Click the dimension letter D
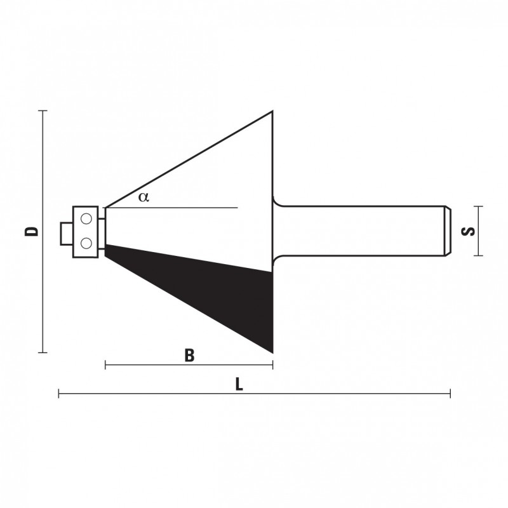(32, 231)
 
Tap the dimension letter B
(189, 355)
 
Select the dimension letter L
(239, 385)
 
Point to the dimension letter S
(468, 231)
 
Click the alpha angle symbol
(144, 197)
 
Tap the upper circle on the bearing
(86, 219)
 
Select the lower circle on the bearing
(86, 243)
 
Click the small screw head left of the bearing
(67, 234)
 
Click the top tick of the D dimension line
(43, 110)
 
